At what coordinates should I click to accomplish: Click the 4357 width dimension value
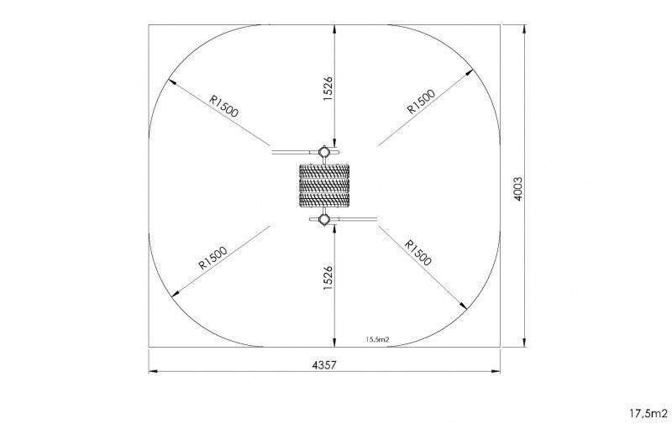(x=324, y=365)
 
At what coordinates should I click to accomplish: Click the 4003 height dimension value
(x=517, y=189)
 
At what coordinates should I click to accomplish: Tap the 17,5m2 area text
(x=648, y=413)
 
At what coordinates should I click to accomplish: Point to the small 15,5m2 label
(x=377, y=340)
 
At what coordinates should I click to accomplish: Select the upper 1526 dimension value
(x=328, y=89)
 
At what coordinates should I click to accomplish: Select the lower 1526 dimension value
(x=328, y=278)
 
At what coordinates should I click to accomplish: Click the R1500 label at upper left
(x=223, y=105)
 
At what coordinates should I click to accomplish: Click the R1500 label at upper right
(x=421, y=102)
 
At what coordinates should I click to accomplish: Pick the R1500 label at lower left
(x=213, y=258)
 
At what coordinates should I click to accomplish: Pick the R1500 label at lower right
(x=418, y=253)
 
